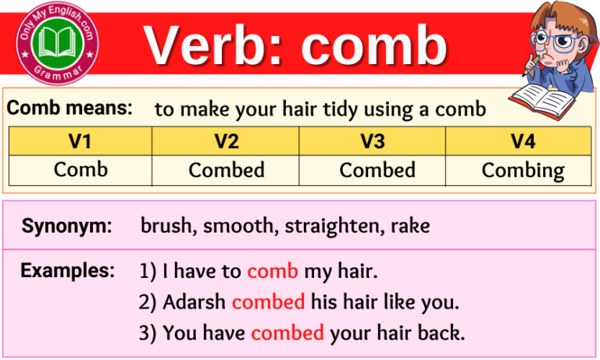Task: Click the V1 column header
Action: pos(80,141)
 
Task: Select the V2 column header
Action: pos(227,141)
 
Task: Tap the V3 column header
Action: pos(373,141)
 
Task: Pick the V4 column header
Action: pos(522,141)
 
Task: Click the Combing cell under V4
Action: pos(522,170)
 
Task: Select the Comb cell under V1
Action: pos(80,169)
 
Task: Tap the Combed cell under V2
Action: pos(227,169)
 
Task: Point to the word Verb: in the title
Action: pos(214,45)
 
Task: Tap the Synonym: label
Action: pos(66,226)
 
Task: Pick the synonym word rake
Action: pos(409,226)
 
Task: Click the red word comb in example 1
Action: pos(273,272)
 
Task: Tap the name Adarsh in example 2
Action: pos(195,301)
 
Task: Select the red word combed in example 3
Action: pos(287,333)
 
